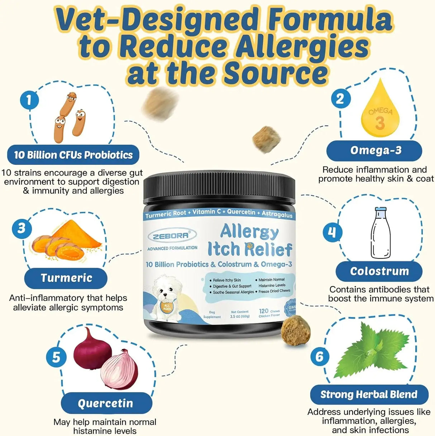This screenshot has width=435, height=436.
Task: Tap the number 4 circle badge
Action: tap(332, 232)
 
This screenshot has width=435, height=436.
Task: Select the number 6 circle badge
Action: tap(320, 356)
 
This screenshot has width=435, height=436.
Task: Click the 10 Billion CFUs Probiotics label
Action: tap(73, 155)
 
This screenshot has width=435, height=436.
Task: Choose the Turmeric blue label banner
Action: tap(66, 278)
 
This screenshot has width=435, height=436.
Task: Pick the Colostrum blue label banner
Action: tap(379, 271)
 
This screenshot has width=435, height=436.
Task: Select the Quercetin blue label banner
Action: tap(106, 403)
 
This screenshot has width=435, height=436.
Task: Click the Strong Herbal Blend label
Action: tap(369, 394)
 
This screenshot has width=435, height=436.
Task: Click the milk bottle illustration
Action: tap(381, 233)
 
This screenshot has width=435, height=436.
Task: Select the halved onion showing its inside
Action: tap(119, 370)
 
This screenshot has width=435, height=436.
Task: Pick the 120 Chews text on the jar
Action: tap(269, 311)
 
